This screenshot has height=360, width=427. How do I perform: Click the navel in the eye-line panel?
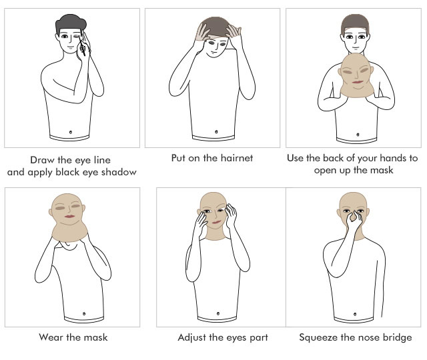point(71,132)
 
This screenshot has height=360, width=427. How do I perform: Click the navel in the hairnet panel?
point(216,132)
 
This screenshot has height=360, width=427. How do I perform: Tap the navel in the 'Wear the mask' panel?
point(84,314)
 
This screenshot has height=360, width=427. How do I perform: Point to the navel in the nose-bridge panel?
point(355,314)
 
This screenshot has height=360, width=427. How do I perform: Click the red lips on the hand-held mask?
point(358,82)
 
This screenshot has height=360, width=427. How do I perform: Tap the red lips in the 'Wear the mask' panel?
point(69,216)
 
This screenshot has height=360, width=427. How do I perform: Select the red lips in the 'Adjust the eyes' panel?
point(216,222)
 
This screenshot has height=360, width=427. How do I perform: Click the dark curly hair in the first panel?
point(71,23)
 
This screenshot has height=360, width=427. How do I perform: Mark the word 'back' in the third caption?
point(333,158)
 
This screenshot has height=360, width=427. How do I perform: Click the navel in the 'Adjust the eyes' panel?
point(218,314)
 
